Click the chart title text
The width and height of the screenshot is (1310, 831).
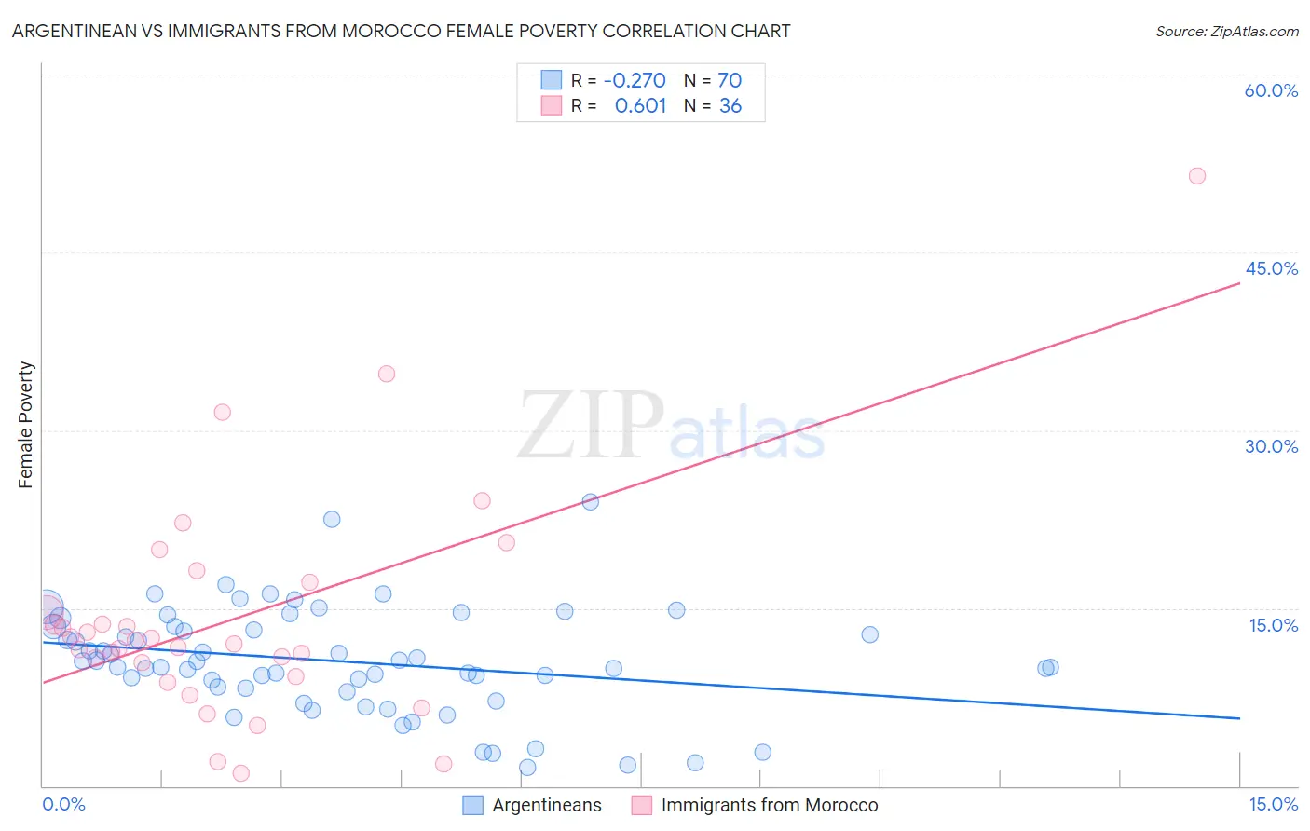(401, 31)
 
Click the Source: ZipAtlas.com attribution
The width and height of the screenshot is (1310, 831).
(1226, 31)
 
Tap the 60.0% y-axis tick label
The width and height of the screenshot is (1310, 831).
(1271, 90)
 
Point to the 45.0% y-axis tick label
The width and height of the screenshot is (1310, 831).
(1271, 268)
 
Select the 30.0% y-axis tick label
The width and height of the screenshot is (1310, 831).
(1271, 446)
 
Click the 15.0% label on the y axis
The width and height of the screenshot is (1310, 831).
(1273, 625)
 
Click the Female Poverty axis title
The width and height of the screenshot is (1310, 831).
(26, 425)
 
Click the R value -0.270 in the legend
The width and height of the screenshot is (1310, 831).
(635, 80)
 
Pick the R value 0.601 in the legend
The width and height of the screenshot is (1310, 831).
(640, 106)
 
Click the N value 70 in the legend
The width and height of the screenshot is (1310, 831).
(730, 80)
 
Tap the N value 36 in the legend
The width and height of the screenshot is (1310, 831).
(730, 106)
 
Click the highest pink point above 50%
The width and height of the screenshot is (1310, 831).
(1197, 176)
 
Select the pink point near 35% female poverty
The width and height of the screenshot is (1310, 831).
(387, 374)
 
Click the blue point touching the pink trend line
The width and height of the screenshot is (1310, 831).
(590, 501)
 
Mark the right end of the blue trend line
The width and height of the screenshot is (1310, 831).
(1239, 718)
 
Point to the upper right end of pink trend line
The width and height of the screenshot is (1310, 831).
(1239, 282)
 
